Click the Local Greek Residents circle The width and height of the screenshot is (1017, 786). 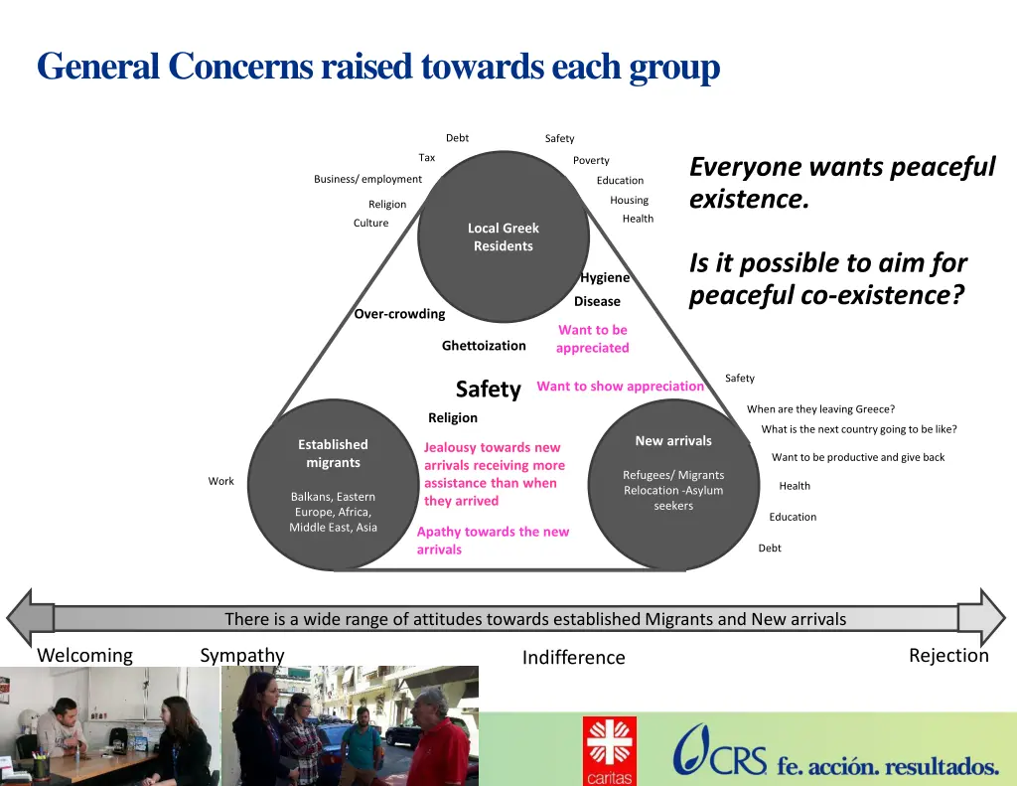[x=504, y=236]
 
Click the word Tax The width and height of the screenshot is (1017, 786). [x=427, y=158]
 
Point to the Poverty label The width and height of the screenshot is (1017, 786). [x=591, y=160]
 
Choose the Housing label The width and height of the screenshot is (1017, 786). [x=629, y=200]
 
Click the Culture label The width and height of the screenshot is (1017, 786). [x=370, y=223]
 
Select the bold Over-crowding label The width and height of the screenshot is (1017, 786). [x=399, y=314]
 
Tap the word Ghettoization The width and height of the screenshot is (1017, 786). [x=484, y=346]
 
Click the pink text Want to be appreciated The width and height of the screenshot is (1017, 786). [x=593, y=339]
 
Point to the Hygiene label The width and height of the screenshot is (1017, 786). [x=605, y=277]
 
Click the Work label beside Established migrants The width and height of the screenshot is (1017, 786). [x=220, y=481]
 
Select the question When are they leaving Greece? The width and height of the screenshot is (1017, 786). [x=820, y=409]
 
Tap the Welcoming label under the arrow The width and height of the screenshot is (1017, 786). [x=84, y=656]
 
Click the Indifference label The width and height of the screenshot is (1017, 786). [x=573, y=658]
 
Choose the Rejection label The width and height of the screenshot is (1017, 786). [x=948, y=656]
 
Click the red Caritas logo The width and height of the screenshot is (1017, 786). [x=609, y=749]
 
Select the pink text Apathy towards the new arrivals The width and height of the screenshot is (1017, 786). [x=493, y=541]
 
